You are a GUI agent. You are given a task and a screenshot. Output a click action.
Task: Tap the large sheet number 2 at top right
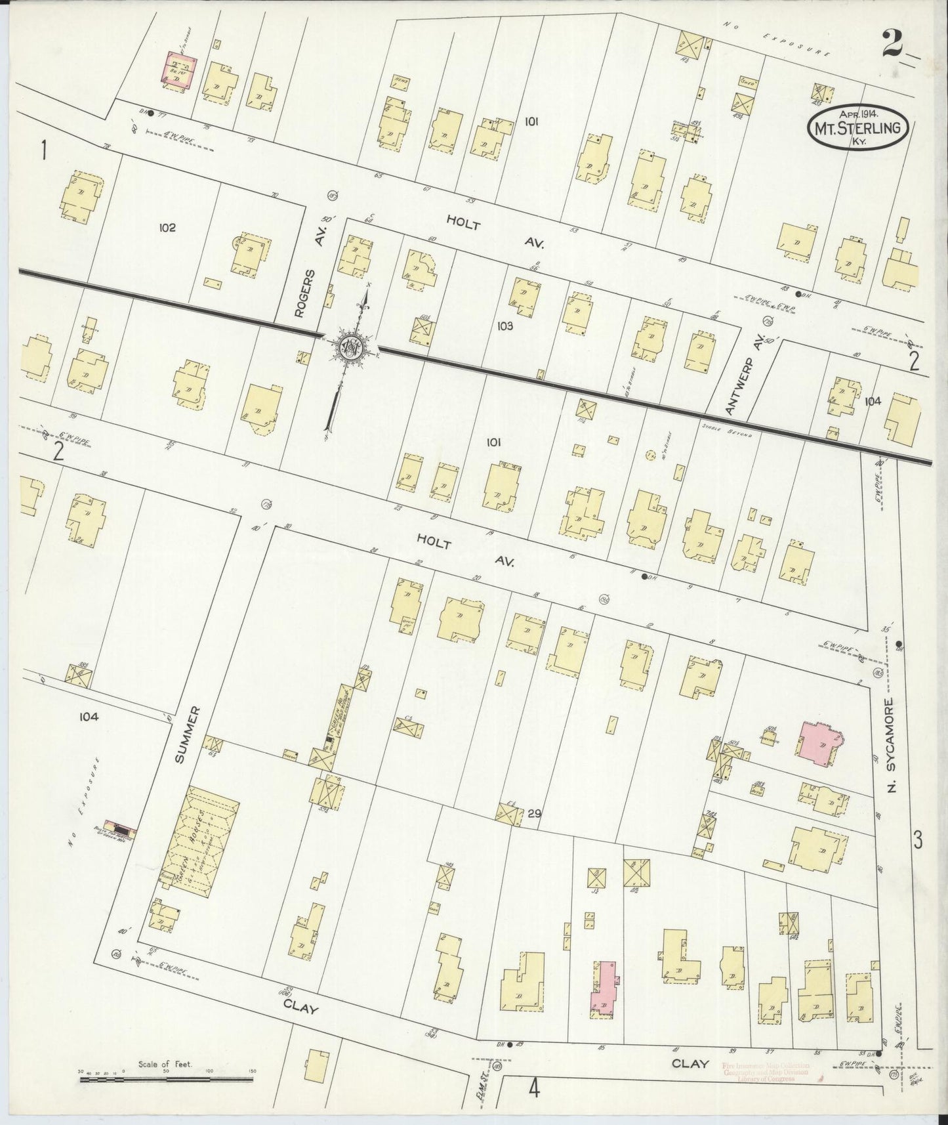click(895, 45)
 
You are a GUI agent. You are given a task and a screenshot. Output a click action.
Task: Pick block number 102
click(167, 228)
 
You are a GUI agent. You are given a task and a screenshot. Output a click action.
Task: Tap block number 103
click(505, 325)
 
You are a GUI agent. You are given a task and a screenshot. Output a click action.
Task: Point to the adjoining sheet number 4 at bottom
click(534, 1090)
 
